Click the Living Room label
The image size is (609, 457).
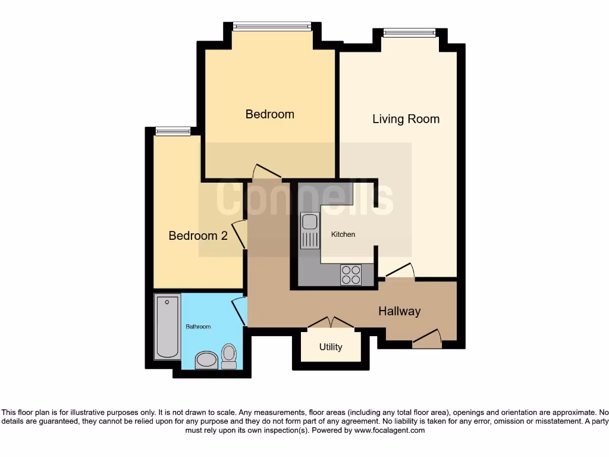406,119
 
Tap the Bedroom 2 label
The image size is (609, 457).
198,236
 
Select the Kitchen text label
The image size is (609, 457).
343,234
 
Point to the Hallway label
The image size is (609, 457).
400,311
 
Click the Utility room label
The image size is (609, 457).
331,347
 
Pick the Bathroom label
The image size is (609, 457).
198,327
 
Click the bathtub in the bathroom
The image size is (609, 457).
167,327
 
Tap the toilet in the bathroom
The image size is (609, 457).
228,356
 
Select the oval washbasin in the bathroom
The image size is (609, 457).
206,360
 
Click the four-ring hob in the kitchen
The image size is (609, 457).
351,274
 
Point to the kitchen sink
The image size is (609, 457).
309,230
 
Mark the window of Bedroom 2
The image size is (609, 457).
173,131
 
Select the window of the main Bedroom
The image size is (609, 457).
271,26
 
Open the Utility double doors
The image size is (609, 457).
331,323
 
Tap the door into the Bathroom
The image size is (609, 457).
240,311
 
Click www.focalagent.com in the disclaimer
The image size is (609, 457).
390,430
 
